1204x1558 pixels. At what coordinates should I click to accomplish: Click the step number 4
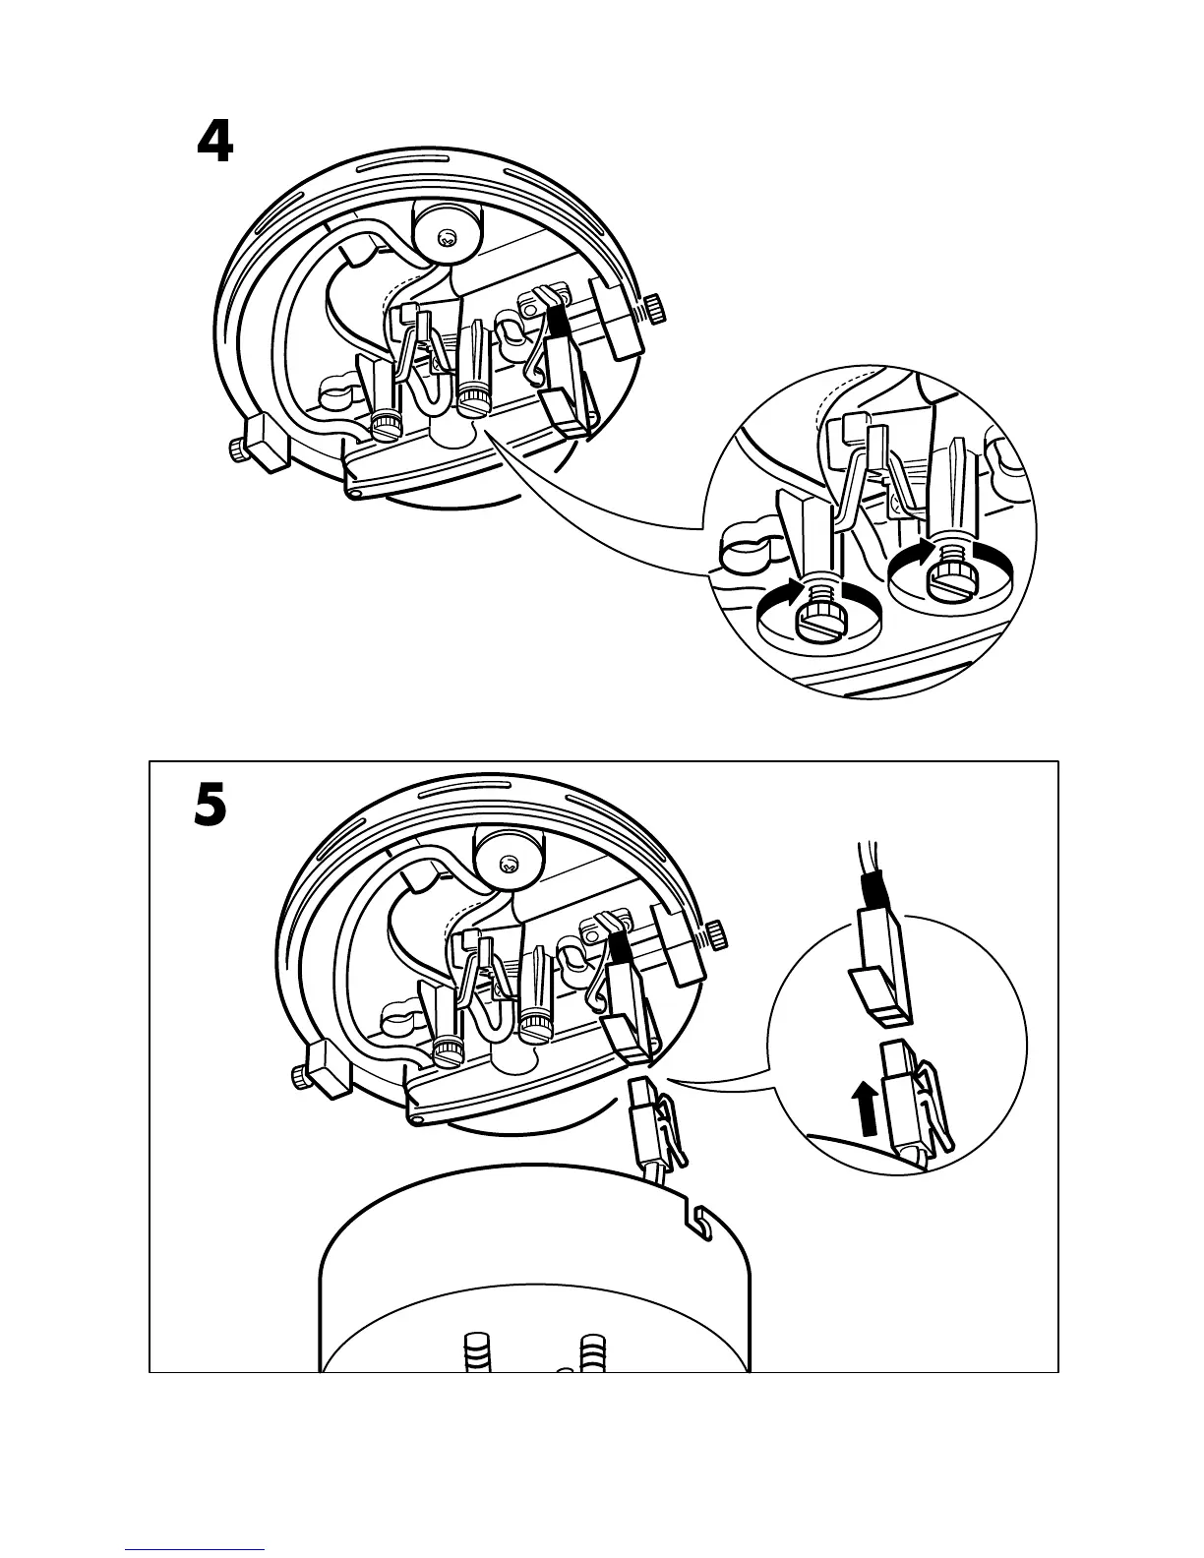click(x=215, y=143)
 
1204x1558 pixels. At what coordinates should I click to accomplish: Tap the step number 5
click(x=209, y=809)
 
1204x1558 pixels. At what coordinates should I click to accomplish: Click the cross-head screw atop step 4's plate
click(x=448, y=238)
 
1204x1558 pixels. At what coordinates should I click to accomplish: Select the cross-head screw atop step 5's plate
click(x=510, y=865)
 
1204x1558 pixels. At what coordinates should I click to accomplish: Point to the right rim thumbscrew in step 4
click(x=653, y=310)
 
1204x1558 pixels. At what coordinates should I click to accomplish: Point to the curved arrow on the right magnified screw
click(x=918, y=553)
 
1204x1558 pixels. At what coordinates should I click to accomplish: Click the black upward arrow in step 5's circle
click(x=866, y=1109)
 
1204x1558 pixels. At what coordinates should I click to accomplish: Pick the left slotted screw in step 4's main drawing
click(x=385, y=425)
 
